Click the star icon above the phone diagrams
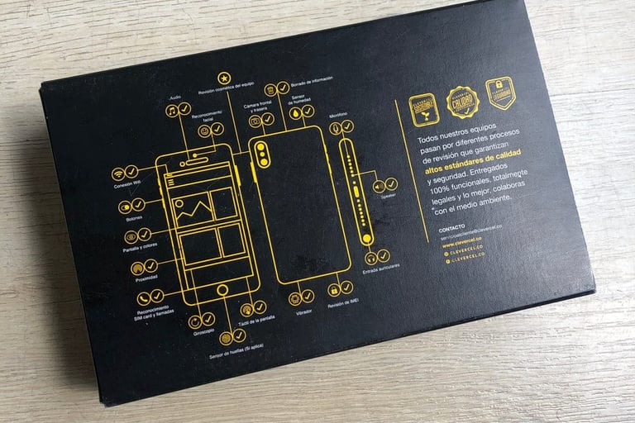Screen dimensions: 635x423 coord(223,78)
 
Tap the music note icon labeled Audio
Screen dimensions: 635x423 coord(172,110)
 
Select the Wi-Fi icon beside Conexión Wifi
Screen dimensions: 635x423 coord(119,174)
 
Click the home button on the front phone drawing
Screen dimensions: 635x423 coord(222,289)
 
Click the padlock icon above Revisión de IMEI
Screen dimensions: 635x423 coord(335,290)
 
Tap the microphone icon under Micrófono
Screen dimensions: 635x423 coord(333,126)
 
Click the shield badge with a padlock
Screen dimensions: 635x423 coord(499,93)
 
